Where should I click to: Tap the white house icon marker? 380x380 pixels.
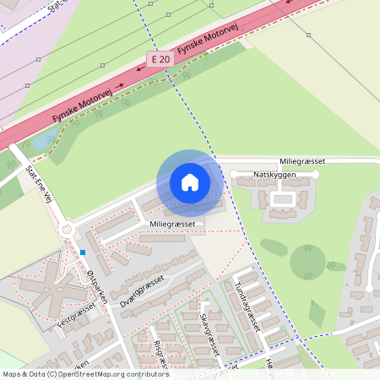coord(190,182)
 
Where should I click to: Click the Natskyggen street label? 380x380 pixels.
coord(274,174)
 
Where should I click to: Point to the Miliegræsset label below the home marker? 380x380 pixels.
coord(172,223)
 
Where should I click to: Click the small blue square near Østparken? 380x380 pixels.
coord(83,252)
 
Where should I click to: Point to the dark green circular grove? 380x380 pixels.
coord(307,263)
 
